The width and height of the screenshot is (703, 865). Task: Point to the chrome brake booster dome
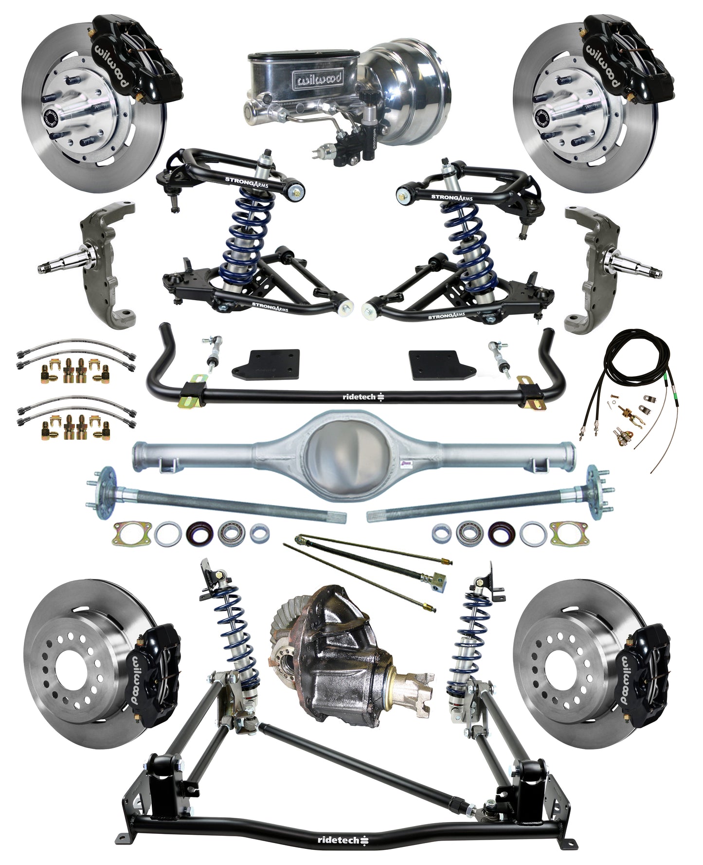pos(414,92)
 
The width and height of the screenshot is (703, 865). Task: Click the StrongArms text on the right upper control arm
pos(451,198)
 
